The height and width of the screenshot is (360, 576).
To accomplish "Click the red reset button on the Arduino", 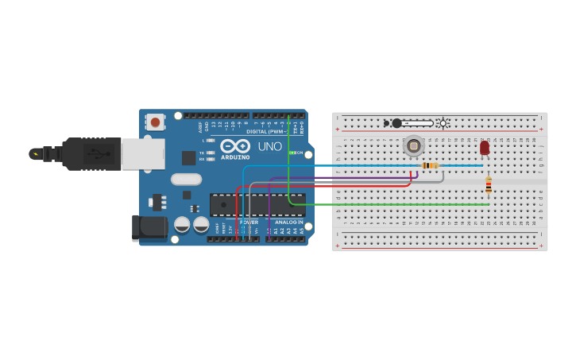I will pos(155,122).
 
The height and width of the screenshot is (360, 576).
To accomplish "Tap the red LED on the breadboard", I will pos(485,148).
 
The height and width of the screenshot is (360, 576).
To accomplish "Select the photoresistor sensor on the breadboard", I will pos(413,145).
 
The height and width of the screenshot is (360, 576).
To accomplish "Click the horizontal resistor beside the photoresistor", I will pos(430,165).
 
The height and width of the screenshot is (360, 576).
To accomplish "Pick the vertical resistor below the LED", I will pos(489,185).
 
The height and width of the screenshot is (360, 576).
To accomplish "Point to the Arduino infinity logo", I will pos(235,146).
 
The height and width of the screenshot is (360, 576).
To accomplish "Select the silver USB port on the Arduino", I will pos(143,153).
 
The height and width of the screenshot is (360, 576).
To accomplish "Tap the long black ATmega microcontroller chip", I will pos(257,204).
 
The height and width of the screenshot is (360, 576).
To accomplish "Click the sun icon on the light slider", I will pos(443,123).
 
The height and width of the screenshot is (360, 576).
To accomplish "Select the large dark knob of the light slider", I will pos(396,123).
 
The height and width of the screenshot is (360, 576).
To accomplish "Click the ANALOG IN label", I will pos(289,223).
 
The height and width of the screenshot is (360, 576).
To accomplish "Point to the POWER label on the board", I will pos(249,223).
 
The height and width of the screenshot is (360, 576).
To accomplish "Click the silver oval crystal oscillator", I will pos(186,179).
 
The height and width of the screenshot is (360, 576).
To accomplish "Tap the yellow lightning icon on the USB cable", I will pos(34,153).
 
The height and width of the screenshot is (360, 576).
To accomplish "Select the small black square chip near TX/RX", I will pos(188,157).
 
